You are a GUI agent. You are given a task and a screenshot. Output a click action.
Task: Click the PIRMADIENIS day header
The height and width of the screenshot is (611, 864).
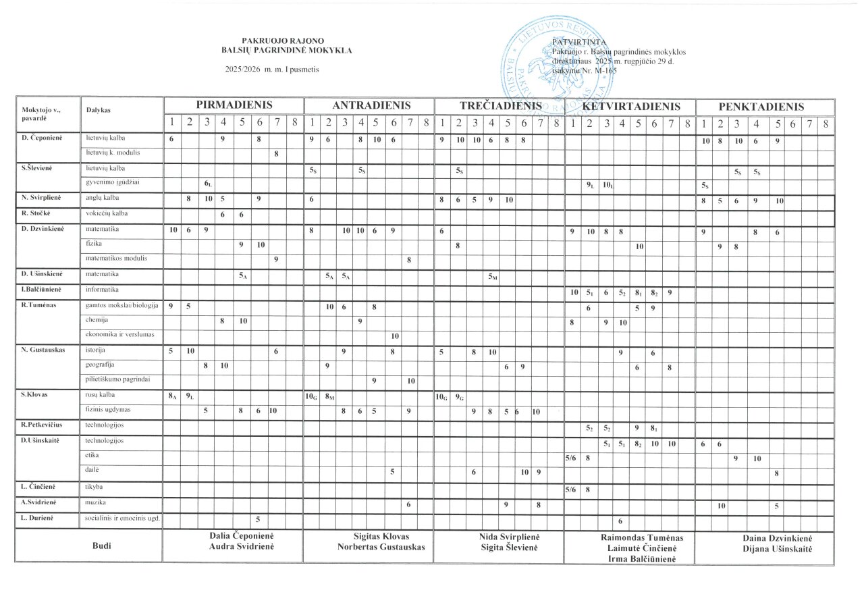point(234,106)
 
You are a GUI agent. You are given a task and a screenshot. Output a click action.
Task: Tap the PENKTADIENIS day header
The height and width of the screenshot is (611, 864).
point(761,107)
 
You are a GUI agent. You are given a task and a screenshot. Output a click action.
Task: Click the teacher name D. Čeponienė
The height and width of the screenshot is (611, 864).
point(45,138)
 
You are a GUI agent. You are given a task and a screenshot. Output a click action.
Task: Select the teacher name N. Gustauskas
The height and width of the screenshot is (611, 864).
point(46,351)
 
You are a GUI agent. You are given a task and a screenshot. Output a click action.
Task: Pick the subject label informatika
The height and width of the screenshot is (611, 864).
point(102,290)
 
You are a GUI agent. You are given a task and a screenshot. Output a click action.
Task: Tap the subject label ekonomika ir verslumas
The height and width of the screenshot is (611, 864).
point(119,335)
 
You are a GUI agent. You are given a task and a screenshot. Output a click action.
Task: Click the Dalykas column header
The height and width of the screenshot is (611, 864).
point(99,109)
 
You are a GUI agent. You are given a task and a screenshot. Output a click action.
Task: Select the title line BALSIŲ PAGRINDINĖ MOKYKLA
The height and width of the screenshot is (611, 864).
point(287,50)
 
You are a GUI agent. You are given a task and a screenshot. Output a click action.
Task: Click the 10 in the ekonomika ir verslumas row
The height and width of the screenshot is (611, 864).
point(395,336)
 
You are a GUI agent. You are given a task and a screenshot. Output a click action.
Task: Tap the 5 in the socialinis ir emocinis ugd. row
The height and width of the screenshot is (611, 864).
point(257,519)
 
